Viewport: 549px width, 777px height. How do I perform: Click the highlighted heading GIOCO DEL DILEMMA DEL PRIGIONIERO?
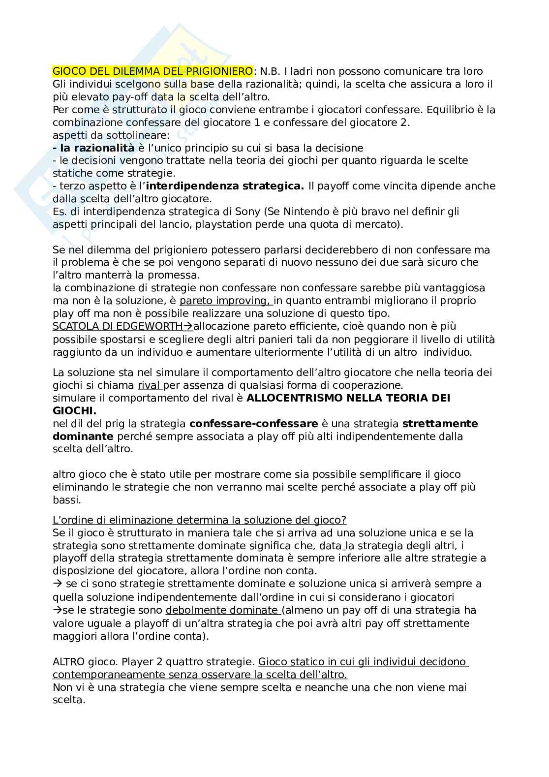coord(152,71)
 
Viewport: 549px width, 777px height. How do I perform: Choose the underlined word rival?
coord(149,385)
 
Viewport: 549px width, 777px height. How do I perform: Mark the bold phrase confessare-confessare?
coord(253,424)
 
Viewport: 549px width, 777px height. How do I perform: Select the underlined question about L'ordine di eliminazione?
coord(199,520)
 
